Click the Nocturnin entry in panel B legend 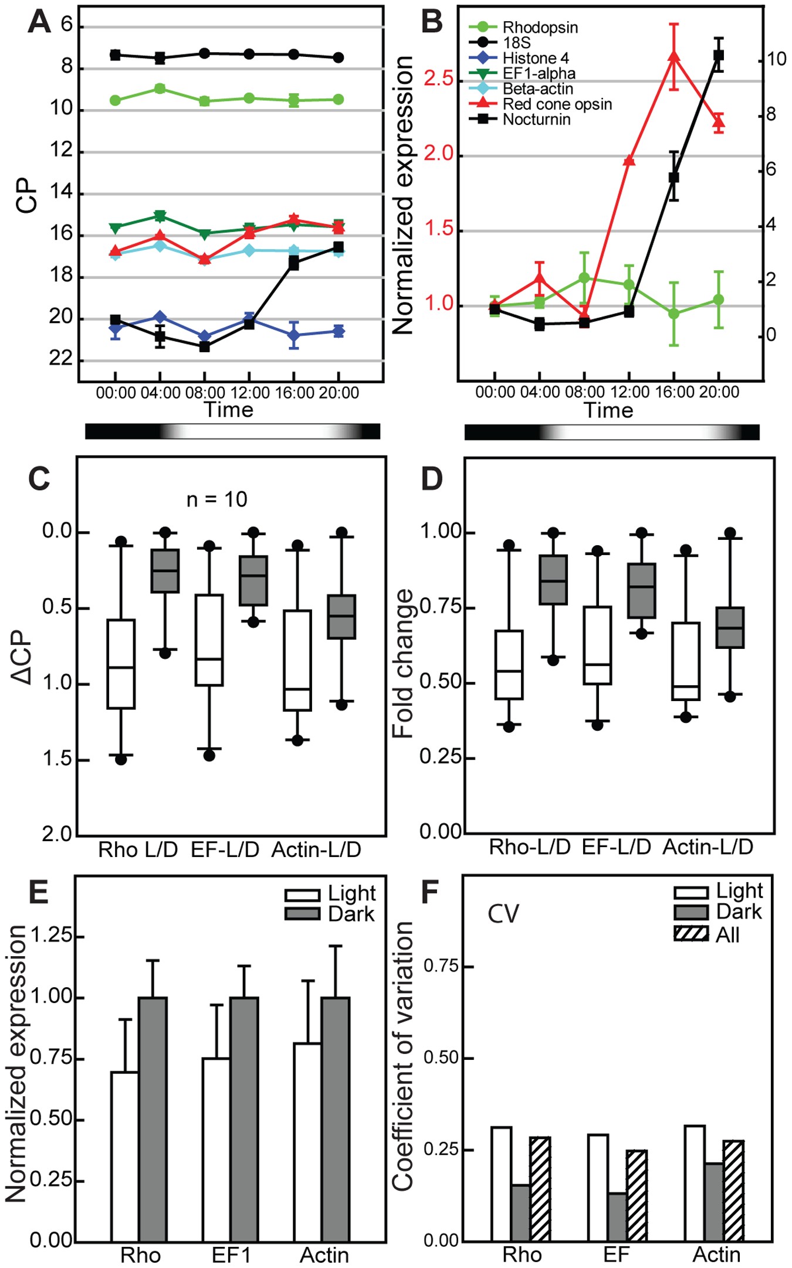[536, 120]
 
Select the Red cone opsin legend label [557, 104]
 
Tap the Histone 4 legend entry [535, 59]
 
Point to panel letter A [39, 22]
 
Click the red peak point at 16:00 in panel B [674, 56]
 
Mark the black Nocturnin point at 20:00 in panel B [719, 55]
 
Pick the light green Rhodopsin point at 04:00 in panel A [160, 89]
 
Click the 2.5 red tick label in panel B [439, 79]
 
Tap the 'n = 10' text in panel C [216, 499]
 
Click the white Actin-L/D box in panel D [686, 661]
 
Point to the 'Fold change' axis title [403, 663]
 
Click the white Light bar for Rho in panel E [124, 1155]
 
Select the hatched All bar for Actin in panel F [733, 1191]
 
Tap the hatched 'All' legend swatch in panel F [691, 934]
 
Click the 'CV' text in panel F [503, 914]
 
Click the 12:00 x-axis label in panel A [250, 393]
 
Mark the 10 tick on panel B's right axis [776, 59]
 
